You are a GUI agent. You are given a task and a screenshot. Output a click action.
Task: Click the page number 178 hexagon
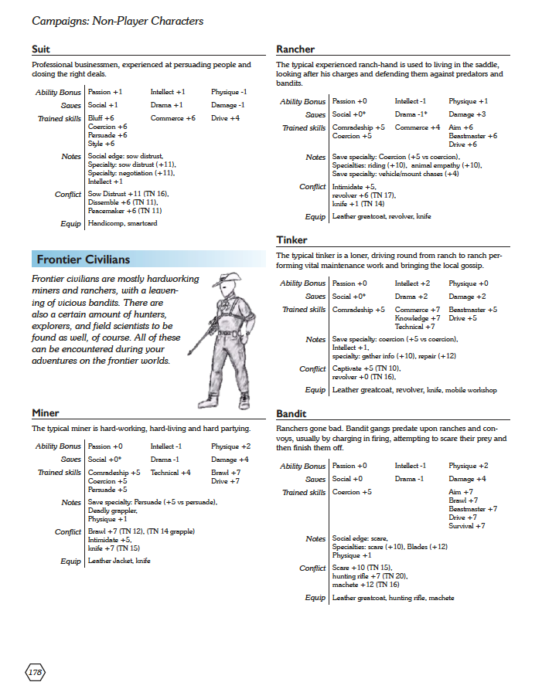(x=36, y=673)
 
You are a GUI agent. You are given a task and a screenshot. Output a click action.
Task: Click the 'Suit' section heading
(x=41, y=49)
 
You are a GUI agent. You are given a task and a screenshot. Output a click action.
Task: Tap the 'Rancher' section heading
(x=295, y=49)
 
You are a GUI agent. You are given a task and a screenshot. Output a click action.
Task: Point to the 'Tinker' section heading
(x=291, y=240)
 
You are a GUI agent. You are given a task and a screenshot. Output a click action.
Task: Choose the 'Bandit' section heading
(x=291, y=414)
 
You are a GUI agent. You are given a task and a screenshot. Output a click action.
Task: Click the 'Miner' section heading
(x=46, y=414)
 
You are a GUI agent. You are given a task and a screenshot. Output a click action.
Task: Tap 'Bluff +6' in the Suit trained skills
(x=101, y=118)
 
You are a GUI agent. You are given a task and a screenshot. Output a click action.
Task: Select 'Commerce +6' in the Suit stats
(x=172, y=118)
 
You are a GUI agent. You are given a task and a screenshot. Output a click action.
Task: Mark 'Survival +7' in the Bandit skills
(x=466, y=526)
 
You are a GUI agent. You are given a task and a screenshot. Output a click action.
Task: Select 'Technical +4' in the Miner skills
(x=170, y=472)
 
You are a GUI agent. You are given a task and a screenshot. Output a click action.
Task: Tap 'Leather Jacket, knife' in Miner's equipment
(x=119, y=561)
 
